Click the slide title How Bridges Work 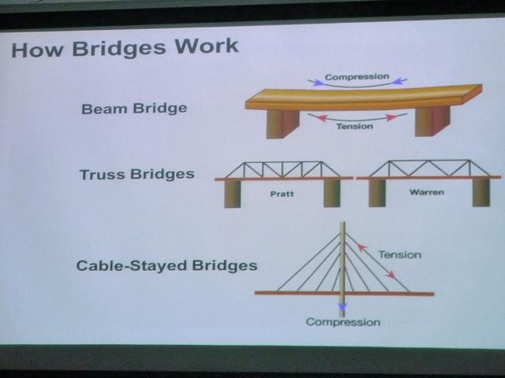(x=125, y=48)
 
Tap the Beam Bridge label (x=134, y=109)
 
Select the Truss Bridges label (x=137, y=175)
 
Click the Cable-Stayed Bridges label (x=166, y=266)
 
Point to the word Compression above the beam (x=357, y=77)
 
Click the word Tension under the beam (x=354, y=126)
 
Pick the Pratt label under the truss (x=282, y=194)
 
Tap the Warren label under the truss (x=427, y=192)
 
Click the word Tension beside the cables (x=400, y=255)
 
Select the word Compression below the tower (x=343, y=322)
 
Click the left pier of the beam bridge (x=282, y=124)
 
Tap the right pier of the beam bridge (x=432, y=121)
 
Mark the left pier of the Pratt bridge (x=232, y=194)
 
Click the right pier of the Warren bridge (x=481, y=192)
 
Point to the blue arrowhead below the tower (x=342, y=306)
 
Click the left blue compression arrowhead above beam (x=318, y=82)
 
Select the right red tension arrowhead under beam (x=391, y=117)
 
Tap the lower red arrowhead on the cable (x=391, y=275)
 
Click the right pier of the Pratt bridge (x=331, y=193)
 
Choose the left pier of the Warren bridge (x=377, y=193)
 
